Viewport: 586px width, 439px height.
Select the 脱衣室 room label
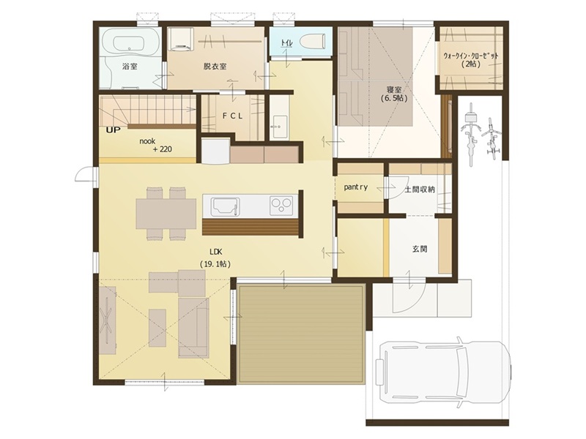(215, 66)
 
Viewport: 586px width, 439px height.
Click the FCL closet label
(232, 116)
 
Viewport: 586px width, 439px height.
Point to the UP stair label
(114, 130)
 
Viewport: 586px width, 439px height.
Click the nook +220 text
(155, 145)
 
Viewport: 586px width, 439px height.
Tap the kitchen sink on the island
(225, 206)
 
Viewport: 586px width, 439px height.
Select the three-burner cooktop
(281, 206)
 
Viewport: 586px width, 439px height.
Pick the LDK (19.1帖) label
(215, 258)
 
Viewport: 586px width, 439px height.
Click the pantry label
(356, 187)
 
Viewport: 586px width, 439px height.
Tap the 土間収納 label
(420, 190)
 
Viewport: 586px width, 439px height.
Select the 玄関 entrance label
(420, 249)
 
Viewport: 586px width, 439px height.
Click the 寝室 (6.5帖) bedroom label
(394, 94)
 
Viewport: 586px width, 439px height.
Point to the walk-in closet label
(470, 59)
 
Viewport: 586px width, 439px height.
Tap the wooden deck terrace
(302, 334)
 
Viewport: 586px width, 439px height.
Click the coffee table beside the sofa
(157, 328)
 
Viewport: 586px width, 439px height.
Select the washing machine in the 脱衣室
(181, 39)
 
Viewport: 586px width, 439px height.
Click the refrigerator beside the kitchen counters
(215, 151)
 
